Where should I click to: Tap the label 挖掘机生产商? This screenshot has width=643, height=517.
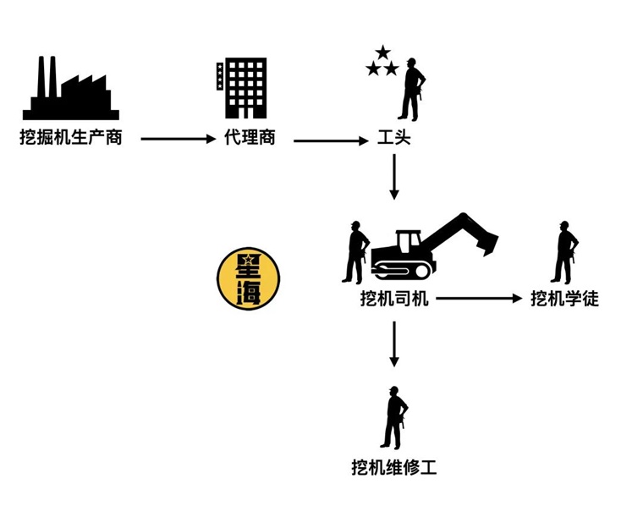pos(71,137)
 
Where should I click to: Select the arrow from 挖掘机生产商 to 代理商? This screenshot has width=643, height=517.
pos(178,140)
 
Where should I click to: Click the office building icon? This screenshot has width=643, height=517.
pos(242,88)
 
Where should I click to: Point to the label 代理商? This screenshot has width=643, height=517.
pos(250,137)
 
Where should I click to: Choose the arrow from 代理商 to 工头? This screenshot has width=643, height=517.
pos(331,141)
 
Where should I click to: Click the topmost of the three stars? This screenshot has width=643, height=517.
pos(383,52)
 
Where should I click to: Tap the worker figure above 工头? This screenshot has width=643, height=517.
pos(412,90)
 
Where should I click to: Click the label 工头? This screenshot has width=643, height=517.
pos(393,137)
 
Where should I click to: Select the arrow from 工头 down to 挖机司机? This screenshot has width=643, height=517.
pos(394,177)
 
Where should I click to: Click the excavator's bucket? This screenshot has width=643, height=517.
pos(486,243)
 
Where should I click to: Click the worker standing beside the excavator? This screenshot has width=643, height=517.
pos(355,252)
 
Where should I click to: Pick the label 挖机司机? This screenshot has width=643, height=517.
pos(394,299)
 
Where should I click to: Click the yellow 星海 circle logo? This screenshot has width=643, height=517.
pos(248,278)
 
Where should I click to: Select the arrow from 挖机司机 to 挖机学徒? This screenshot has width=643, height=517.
pos(480,299)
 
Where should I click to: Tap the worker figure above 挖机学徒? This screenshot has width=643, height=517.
pos(564,252)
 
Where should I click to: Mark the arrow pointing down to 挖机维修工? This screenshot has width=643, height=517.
pos(394,344)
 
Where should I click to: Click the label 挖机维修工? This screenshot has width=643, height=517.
pos(394,467)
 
